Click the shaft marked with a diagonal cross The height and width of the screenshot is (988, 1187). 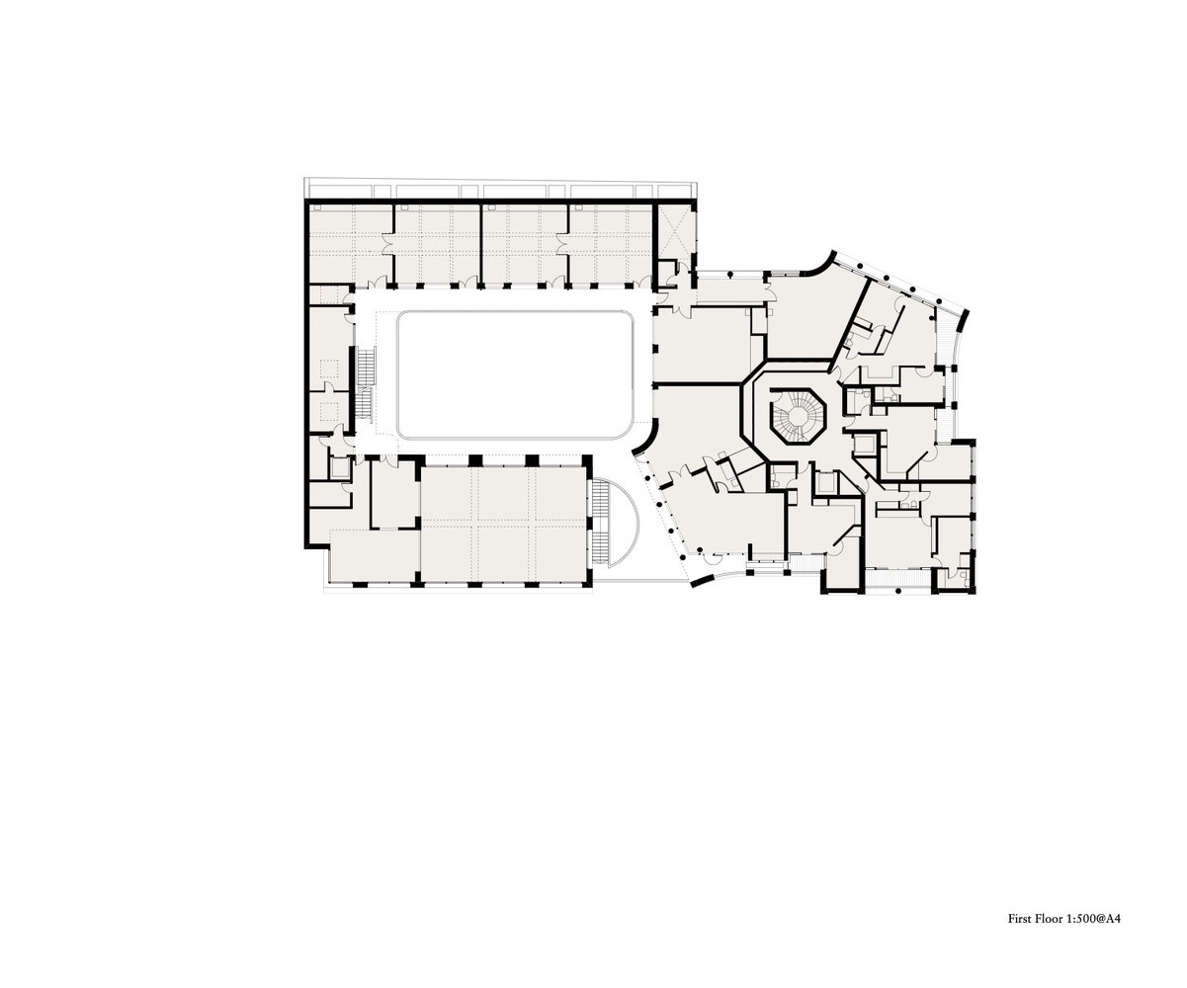pyautogui.click(x=675, y=232)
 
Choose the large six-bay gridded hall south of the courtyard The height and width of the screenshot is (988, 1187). pyautogui.click(x=504, y=524)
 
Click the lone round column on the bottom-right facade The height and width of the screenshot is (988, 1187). pyautogui.click(x=897, y=591)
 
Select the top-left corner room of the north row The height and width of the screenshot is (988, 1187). pyautogui.click(x=351, y=243)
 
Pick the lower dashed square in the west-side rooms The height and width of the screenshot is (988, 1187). pyautogui.click(x=328, y=410)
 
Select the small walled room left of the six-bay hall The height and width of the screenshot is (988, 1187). pyautogui.click(x=395, y=495)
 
